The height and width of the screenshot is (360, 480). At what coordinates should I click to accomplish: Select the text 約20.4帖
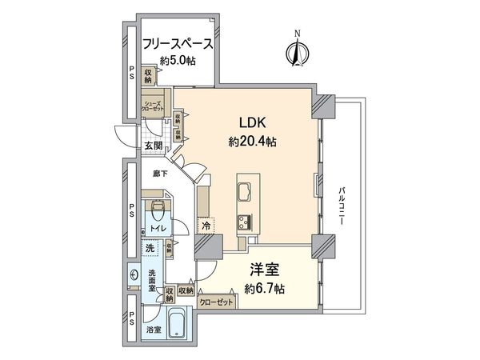[250, 141]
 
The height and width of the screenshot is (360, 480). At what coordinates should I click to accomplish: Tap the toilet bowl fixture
[157, 210]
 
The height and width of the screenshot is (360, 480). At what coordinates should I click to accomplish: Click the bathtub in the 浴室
[177, 323]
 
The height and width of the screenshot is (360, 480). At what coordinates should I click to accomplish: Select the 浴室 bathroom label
[153, 330]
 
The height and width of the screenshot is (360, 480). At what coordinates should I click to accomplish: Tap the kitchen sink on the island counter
[243, 190]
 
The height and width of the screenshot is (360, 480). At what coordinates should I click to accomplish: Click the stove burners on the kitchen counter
[242, 222]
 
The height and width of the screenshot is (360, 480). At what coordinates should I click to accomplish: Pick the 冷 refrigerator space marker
[205, 227]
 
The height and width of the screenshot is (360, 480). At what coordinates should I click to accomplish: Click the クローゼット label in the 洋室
[217, 302]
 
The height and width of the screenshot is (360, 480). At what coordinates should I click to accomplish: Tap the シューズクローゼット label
[154, 106]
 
